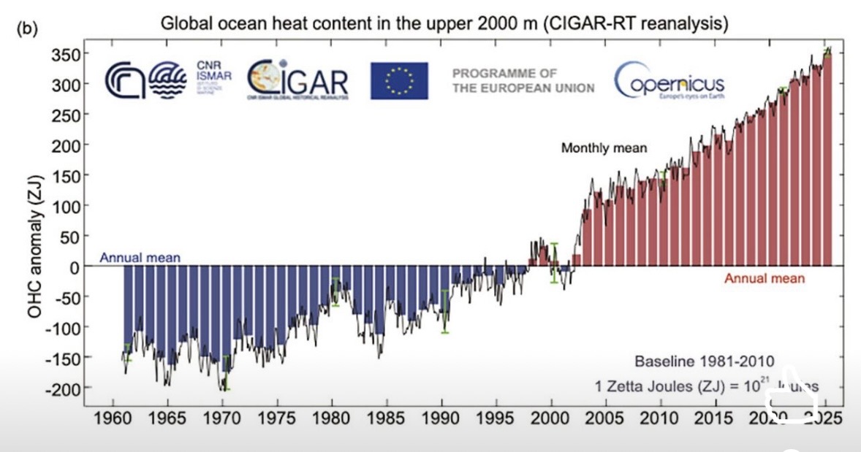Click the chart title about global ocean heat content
tap(444, 23)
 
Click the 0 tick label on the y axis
tap(74, 267)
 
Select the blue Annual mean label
tap(140, 257)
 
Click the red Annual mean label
tap(764, 278)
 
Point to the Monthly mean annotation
tap(604, 148)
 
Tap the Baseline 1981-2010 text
tap(704, 361)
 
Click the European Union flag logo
tap(399, 80)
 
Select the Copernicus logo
tap(669, 81)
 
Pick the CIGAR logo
tap(297, 80)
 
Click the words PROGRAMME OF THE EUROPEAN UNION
tap(523, 80)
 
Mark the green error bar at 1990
tap(444, 311)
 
